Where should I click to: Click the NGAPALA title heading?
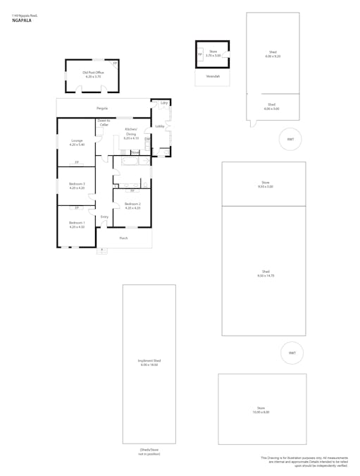[23, 20]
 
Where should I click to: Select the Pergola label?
[102, 108]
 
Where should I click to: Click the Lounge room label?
[77, 142]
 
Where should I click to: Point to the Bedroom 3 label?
[77, 186]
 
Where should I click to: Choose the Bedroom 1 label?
[77, 225]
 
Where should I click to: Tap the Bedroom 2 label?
[132, 206]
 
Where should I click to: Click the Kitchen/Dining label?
[132, 134]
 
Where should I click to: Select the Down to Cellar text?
[104, 123]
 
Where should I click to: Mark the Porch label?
[123, 238]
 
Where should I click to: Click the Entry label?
[104, 216]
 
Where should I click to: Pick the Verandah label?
[212, 75]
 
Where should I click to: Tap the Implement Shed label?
[148, 362]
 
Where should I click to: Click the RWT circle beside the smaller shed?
[290, 139]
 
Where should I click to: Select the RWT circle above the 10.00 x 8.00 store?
[291, 353]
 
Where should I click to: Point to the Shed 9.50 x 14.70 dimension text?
[266, 274]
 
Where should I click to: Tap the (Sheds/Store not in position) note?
[148, 453]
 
